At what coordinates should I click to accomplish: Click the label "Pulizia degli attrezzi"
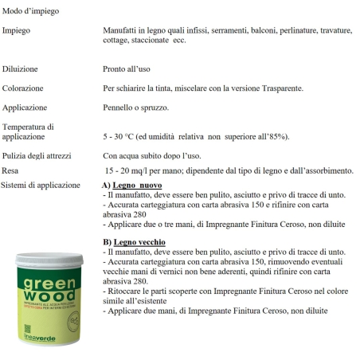tap(39, 155)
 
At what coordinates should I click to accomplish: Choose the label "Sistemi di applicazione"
tap(41, 185)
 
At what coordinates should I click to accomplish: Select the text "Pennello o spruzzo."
tap(136, 107)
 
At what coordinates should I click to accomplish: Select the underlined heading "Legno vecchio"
tap(139, 241)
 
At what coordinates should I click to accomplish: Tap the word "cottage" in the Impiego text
tap(116, 40)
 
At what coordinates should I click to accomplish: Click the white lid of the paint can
tap(49, 258)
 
